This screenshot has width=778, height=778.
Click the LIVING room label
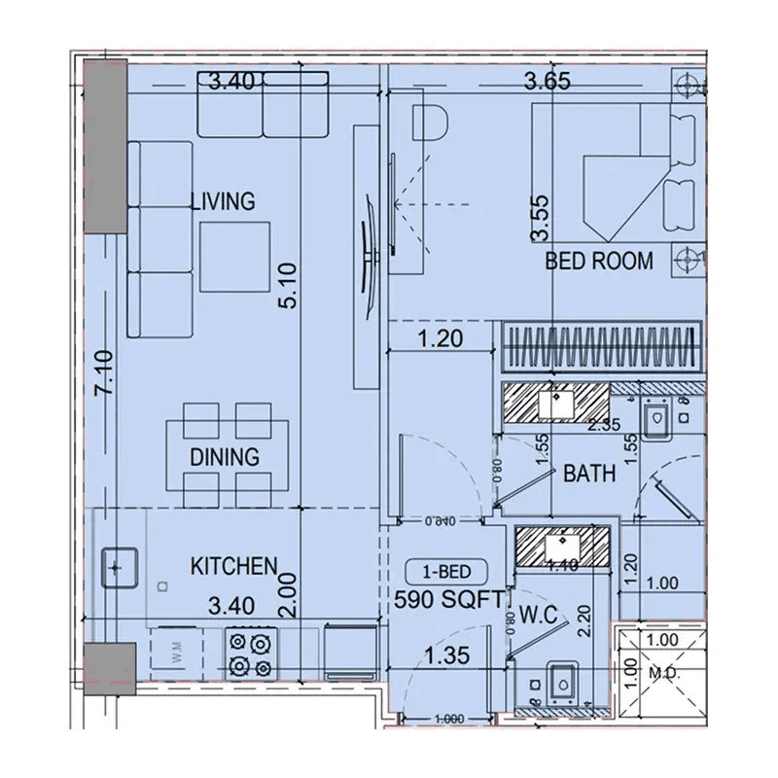pyautogui.click(x=222, y=202)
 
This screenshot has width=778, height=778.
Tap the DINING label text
pyautogui.click(x=225, y=456)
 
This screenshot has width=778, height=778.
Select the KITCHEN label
pyautogui.click(x=234, y=566)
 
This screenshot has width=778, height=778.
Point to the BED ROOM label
pyautogui.click(x=599, y=261)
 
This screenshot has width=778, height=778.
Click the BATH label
pyautogui.click(x=589, y=474)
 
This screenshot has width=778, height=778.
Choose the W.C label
pyautogui.click(x=537, y=615)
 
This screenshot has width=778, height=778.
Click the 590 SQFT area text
pyautogui.click(x=450, y=600)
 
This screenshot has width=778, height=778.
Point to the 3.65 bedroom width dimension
pyautogui.click(x=546, y=83)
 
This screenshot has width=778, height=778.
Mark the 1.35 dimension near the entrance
pyautogui.click(x=444, y=656)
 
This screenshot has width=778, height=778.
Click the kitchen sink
pyautogui.click(x=121, y=567)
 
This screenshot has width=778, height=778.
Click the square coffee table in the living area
pyautogui.click(x=236, y=254)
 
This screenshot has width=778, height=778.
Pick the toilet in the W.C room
pyautogui.click(x=561, y=683)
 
